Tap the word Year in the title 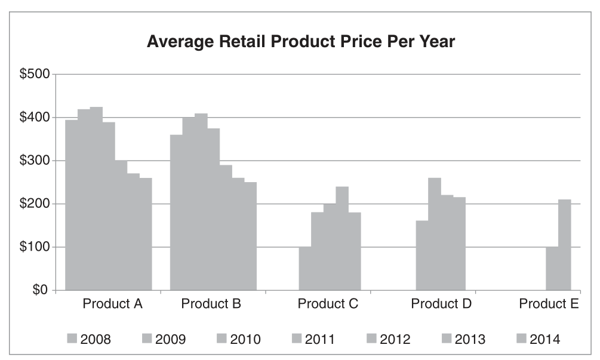439,43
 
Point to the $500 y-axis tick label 39,75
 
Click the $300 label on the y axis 39,161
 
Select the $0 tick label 45,291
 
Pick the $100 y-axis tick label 39,247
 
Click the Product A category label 112,304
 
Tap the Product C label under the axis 328,304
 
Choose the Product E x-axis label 549,304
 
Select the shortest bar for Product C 305,269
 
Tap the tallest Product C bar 342,239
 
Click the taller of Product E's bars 565,245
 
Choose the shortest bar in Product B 250,236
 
